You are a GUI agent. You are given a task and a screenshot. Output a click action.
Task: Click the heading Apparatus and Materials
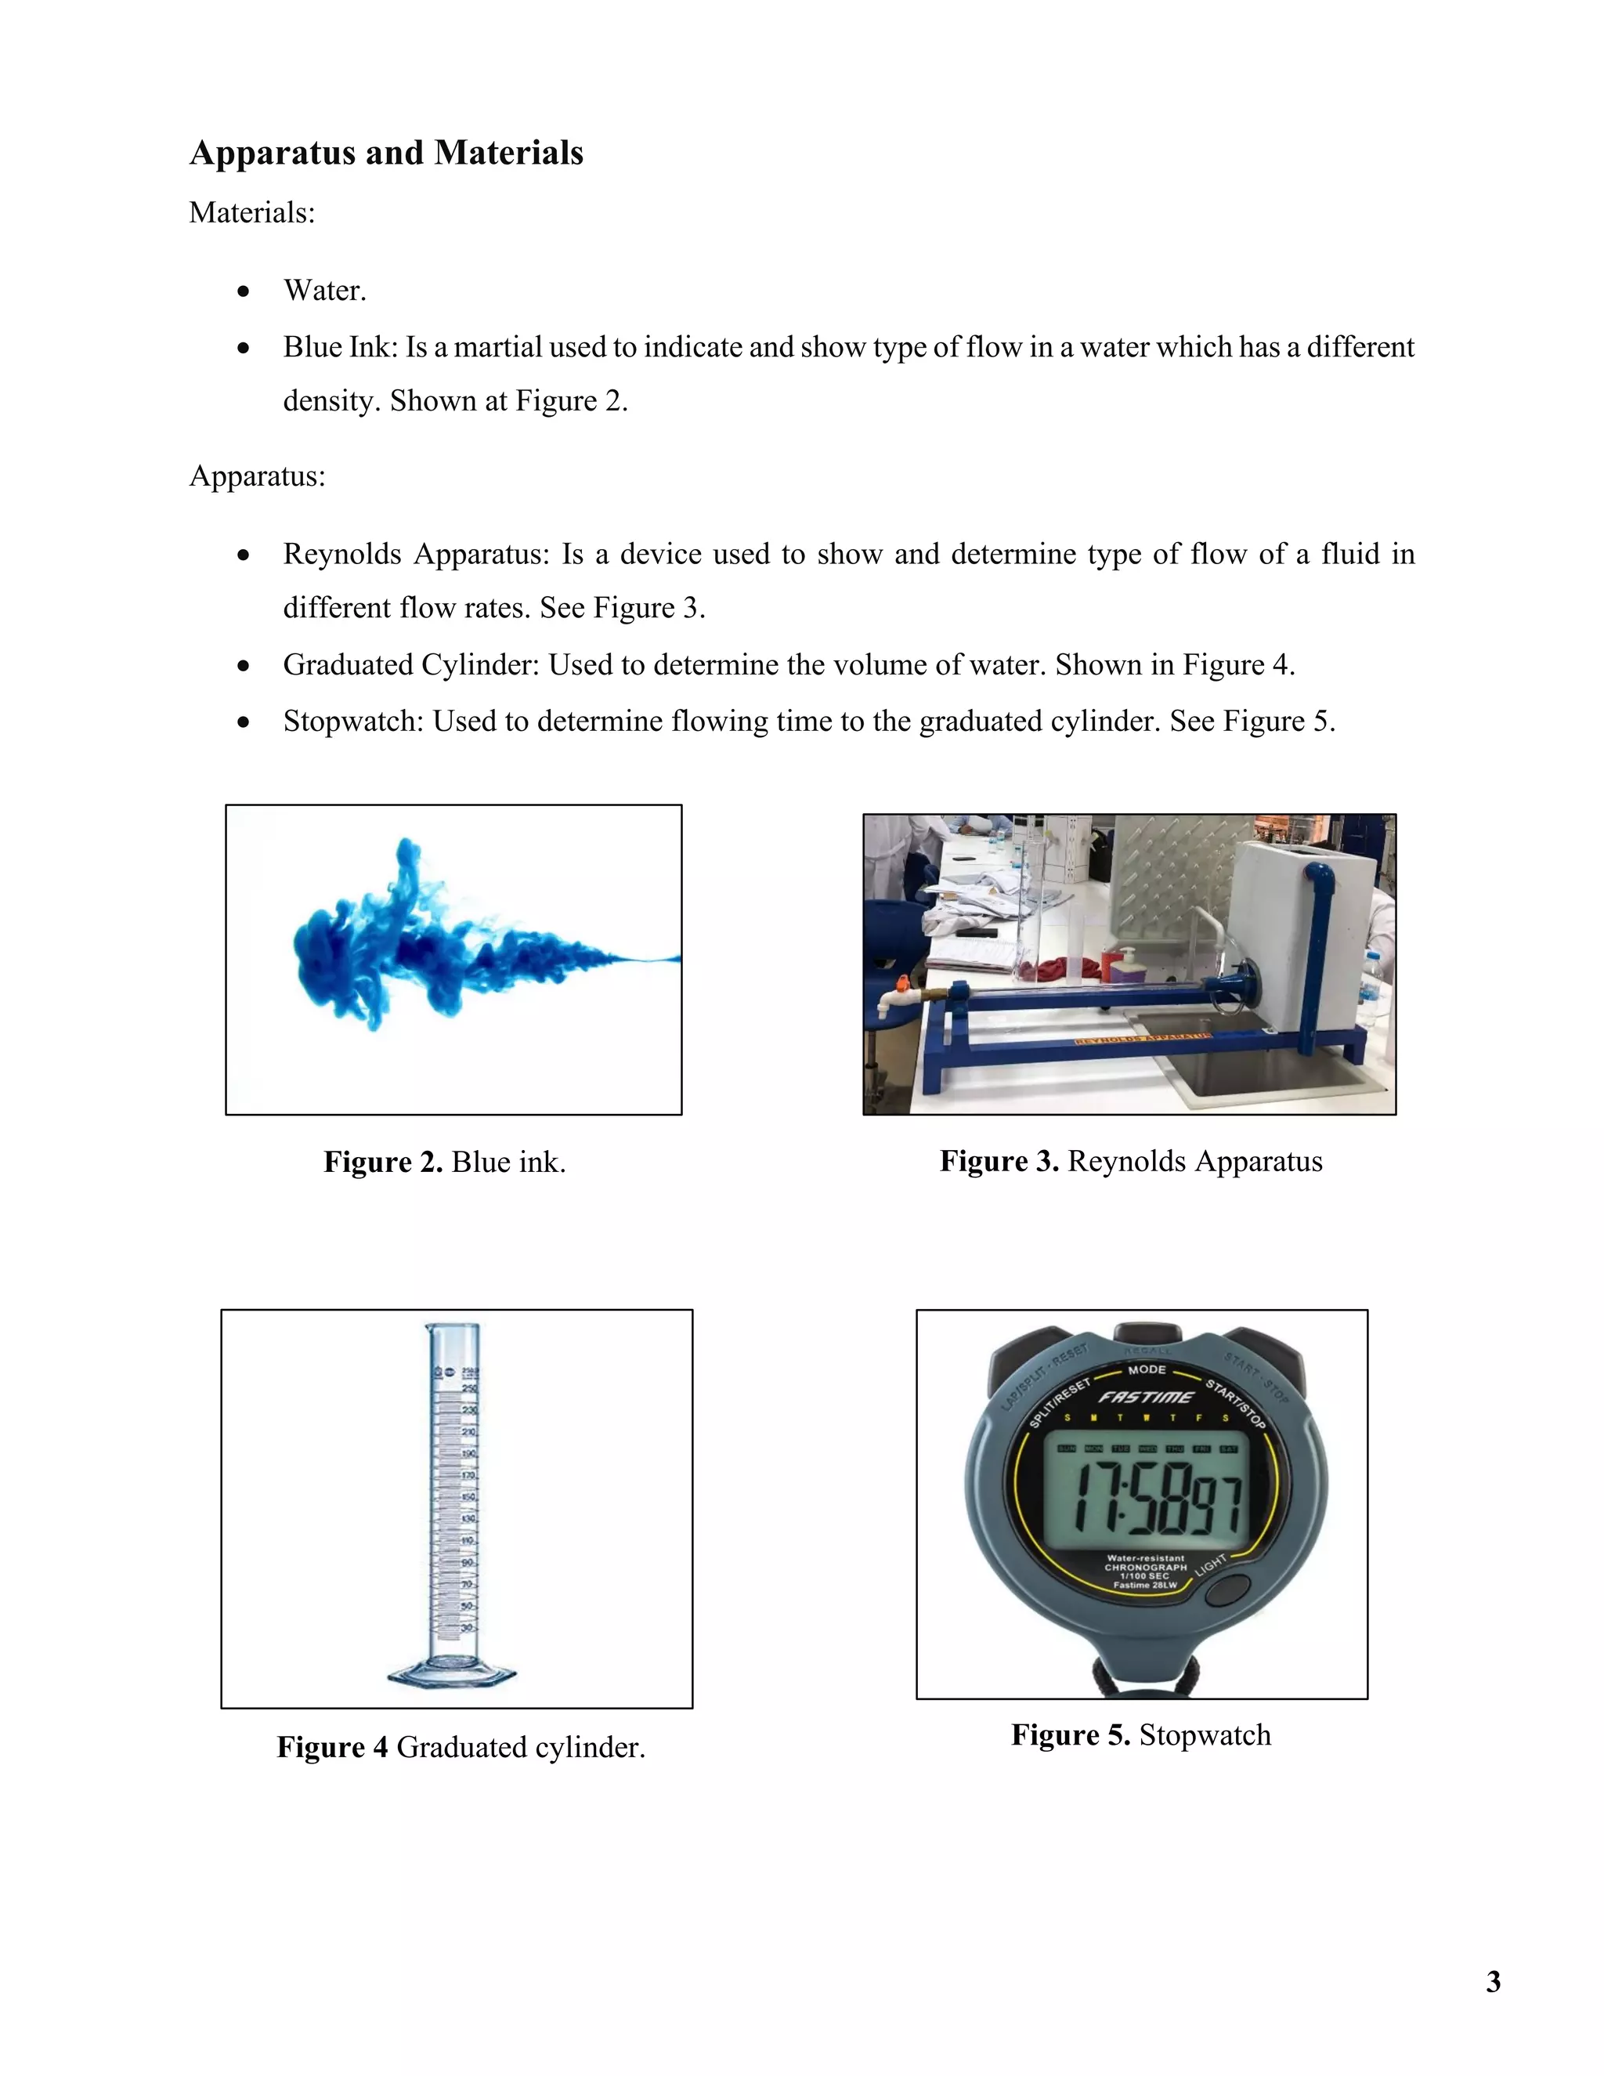coord(386,153)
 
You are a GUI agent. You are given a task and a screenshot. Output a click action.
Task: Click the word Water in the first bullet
coord(323,290)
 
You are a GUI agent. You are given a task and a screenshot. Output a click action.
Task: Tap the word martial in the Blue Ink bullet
coord(497,347)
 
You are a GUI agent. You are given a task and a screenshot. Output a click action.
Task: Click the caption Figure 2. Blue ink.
coord(444,1162)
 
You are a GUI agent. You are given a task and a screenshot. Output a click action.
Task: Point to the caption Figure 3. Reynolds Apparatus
coord(1131,1161)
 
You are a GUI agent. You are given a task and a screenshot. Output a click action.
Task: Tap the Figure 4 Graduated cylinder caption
coord(461,1747)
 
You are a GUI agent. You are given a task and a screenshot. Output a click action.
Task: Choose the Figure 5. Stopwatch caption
coord(1140,1734)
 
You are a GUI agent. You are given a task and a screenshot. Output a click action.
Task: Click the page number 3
coord(1493,1982)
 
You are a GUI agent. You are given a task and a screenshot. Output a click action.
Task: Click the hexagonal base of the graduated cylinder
coord(453,1674)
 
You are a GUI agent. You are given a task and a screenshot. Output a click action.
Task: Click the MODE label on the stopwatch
coord(1146,1369)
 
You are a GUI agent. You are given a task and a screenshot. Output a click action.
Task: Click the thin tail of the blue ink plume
coord(646,959)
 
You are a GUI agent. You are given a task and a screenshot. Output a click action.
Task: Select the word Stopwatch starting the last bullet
coord(352,721)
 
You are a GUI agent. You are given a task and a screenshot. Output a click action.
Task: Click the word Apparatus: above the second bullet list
coord(258,476)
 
